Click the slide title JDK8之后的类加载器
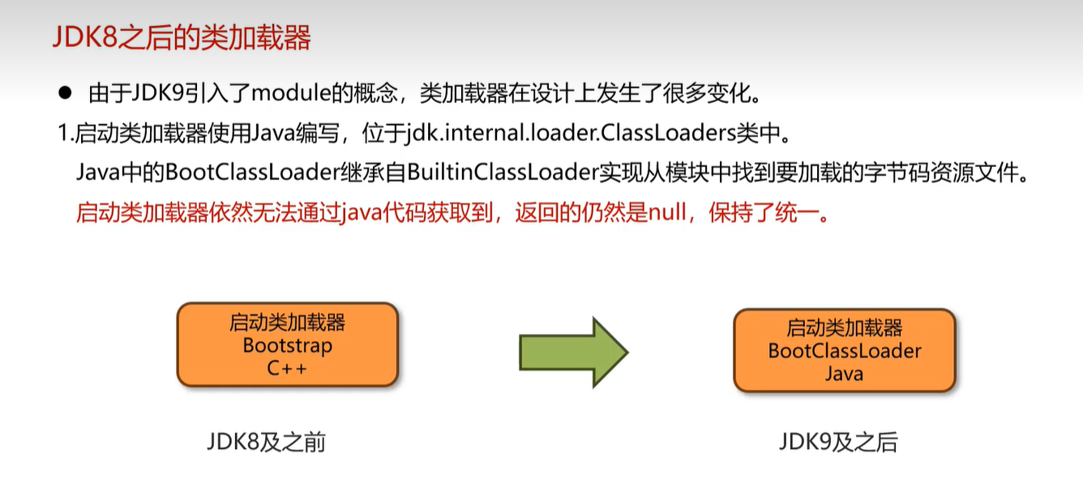tap(182, 38)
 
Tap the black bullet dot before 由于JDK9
tap(66, 93)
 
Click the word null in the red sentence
tap(667, 212)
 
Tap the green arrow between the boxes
tap(573, 352)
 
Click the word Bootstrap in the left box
tap(287, 346)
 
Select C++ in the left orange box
tap(287, 369)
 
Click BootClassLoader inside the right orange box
tap(845, 351)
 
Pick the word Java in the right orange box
tap(845, 374)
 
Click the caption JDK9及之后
tap(838, 443)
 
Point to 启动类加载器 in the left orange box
tap(287, 323)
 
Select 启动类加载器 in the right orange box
tap(845, 328)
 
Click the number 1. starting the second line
tap(66, 133)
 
